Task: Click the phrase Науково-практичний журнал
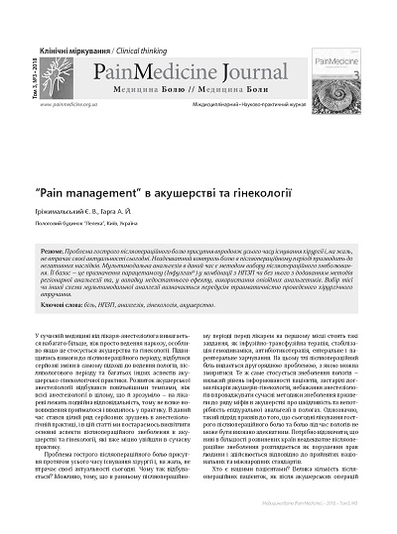[x=259, y=102]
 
